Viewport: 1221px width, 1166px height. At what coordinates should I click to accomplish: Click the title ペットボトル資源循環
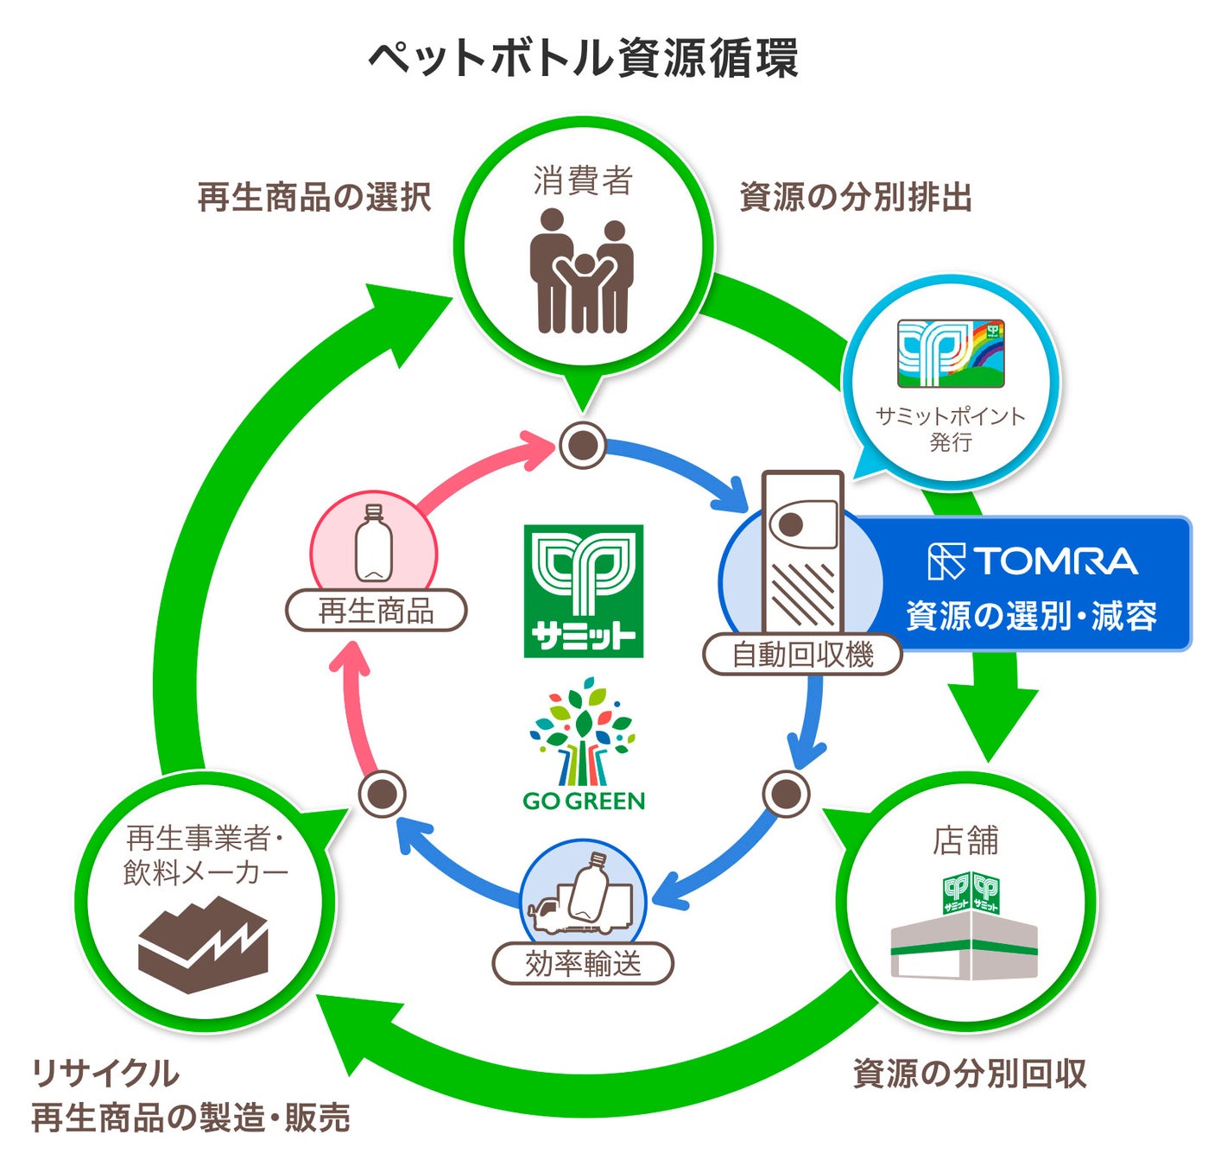(x=583, y=59)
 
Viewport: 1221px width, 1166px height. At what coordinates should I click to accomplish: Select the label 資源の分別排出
(x=855, y=198)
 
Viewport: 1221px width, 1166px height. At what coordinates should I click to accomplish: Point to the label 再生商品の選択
(x=314, y=198)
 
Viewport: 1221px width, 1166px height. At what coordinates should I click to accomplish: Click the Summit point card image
(x=951, y=353)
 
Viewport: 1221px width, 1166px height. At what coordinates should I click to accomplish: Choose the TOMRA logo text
(x=1033, y=561)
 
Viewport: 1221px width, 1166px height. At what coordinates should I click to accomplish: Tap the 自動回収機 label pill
(x=802, y=655)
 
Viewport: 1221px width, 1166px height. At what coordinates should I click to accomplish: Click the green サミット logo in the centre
(x=584, y=591)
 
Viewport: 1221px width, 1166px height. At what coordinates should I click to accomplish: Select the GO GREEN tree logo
(x=584, y=745)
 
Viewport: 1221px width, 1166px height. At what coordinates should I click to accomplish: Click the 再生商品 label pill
(x=376, y=611)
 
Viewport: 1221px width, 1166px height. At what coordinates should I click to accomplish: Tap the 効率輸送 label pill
(x=583, y=963)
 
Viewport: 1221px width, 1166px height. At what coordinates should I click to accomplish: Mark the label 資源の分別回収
(x=968, y=1074)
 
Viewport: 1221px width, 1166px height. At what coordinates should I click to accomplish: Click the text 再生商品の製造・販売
(x=191, y=1118)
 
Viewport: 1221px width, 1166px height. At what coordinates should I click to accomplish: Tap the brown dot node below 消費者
(x=583, y=446)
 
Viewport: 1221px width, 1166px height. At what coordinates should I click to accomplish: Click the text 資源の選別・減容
(x=1031, y=616)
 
